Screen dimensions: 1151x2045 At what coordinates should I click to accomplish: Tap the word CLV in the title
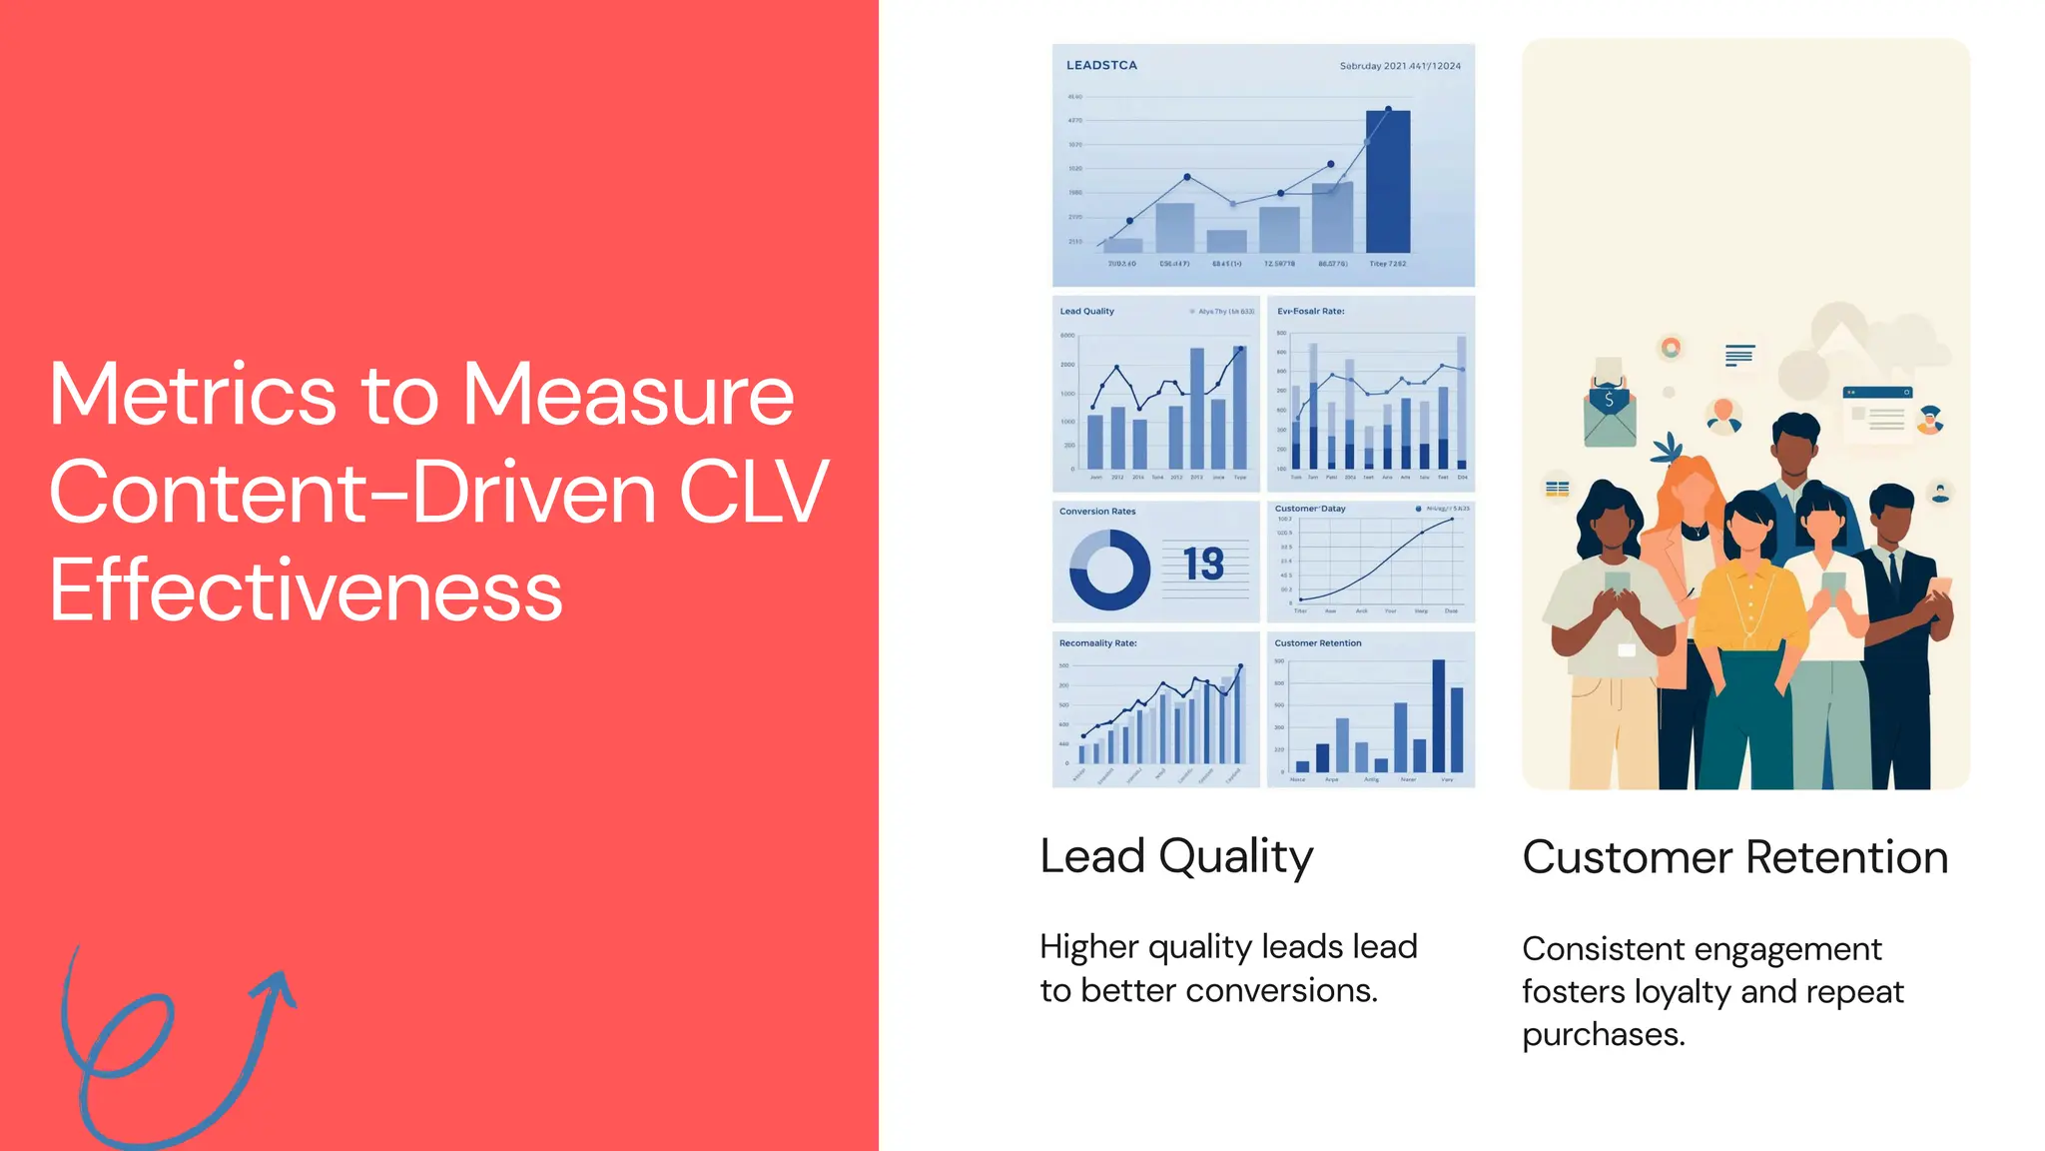point(753,492)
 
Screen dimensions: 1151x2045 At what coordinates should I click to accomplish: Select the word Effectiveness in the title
point(306,590)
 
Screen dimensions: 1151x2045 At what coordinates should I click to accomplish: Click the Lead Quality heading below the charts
point(1176,857)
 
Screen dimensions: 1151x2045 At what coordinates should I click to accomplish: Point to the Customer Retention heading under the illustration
point(1734,857)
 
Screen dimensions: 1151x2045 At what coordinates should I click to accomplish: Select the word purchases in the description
point(1603,1034)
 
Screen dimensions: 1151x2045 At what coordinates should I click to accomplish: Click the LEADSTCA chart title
point(1101,65)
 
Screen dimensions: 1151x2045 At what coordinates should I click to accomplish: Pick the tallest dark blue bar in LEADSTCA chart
point(1388,182)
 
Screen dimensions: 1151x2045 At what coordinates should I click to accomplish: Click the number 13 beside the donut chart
point(1203,565)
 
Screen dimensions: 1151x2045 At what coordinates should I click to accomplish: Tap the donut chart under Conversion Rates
point(1109,570)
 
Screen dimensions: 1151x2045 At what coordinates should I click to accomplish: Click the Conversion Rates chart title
point(1097,512)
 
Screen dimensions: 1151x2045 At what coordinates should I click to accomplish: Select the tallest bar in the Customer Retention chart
point(1438,715)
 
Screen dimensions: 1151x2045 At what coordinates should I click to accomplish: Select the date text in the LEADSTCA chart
point(1400,66)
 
